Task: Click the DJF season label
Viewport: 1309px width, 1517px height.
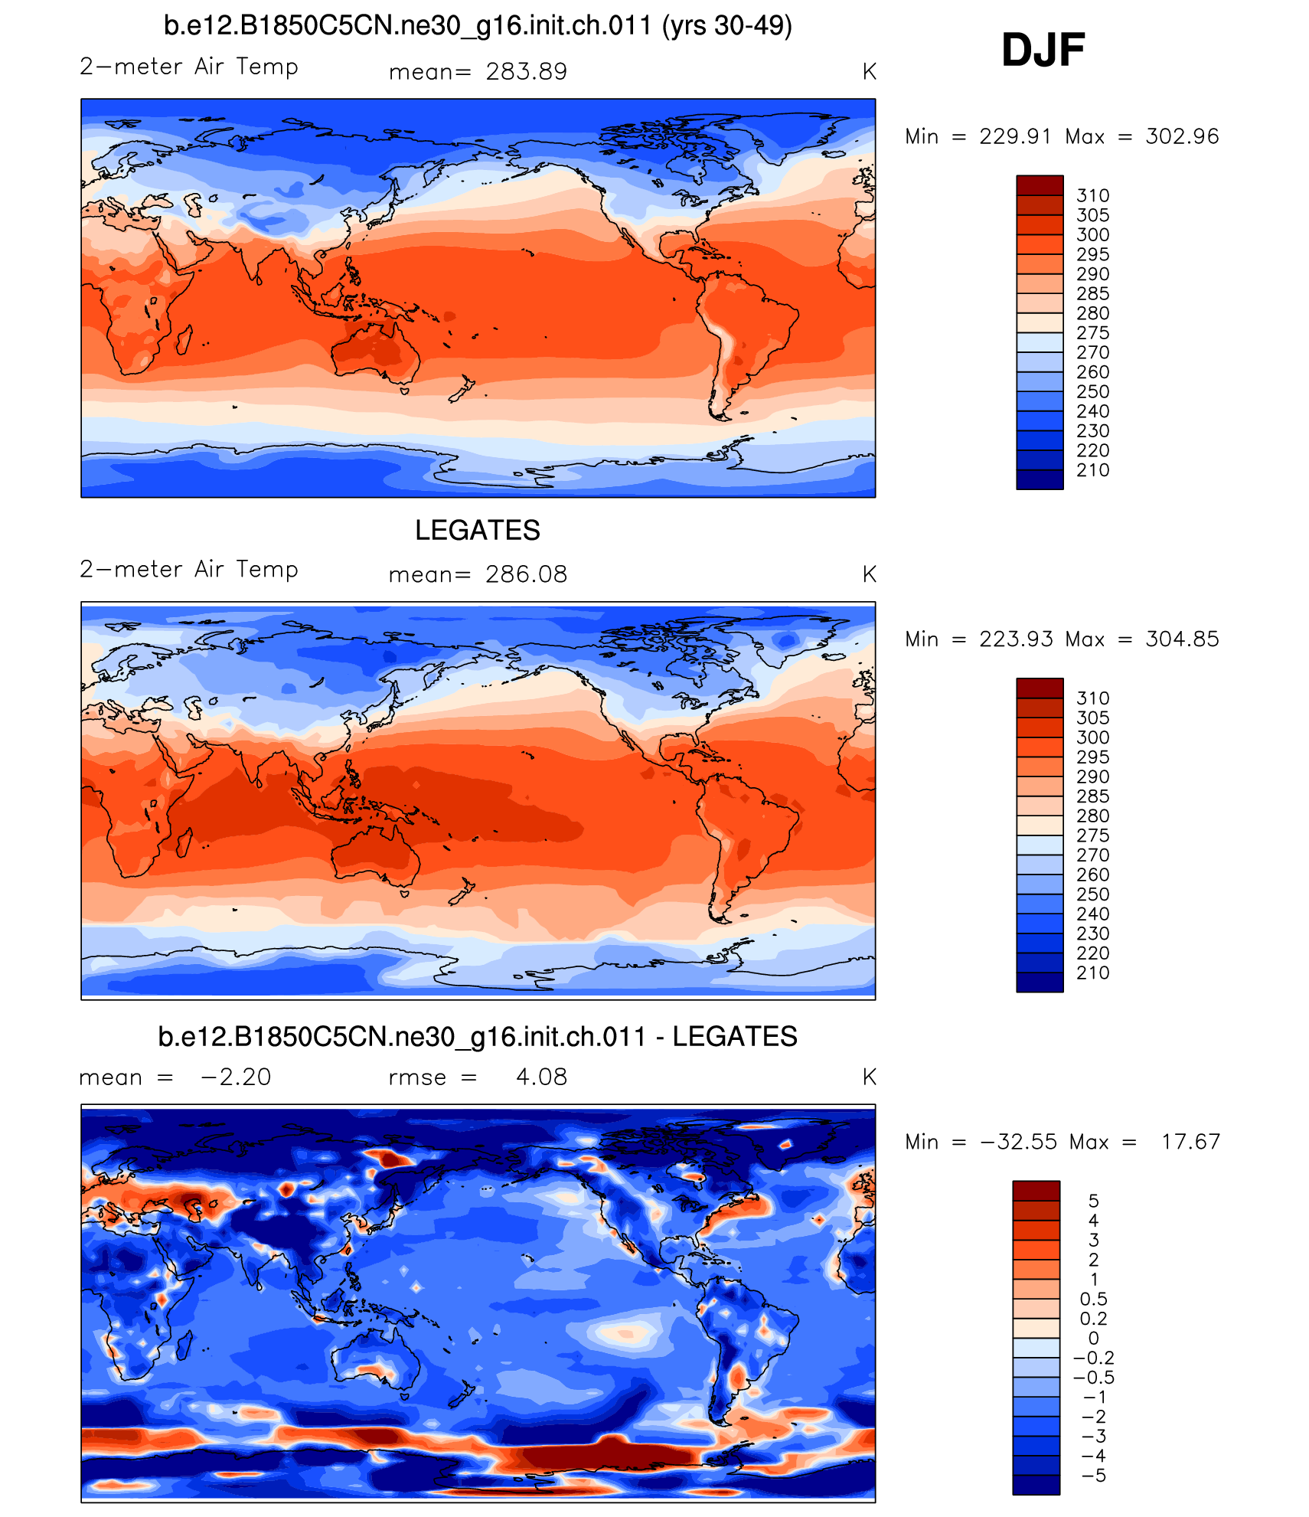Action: [1043, 51]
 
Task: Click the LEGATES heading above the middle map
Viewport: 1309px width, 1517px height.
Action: [478, 530]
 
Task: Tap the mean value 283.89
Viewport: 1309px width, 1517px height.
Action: [526, 72]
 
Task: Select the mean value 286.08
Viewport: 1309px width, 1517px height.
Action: [526, 574]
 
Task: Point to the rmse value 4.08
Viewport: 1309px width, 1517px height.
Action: [541, 1077]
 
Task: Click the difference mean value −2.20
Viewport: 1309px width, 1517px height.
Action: [236, 1077]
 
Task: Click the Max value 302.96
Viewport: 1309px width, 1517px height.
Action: [1182, 136]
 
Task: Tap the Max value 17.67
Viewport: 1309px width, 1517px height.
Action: [1190, 1142]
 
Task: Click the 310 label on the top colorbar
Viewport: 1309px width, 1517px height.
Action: [1092, 195]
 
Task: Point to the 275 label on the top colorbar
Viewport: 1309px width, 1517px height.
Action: [1092, 332]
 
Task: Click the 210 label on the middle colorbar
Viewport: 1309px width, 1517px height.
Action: [1092, 973]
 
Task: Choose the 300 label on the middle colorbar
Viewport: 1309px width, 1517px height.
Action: [1092, 737]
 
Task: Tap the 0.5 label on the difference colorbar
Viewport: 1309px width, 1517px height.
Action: [1093, 1299]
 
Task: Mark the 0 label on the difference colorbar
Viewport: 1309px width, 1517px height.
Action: [1093, 1338]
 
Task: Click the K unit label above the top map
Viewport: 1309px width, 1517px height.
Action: [869, 72]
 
